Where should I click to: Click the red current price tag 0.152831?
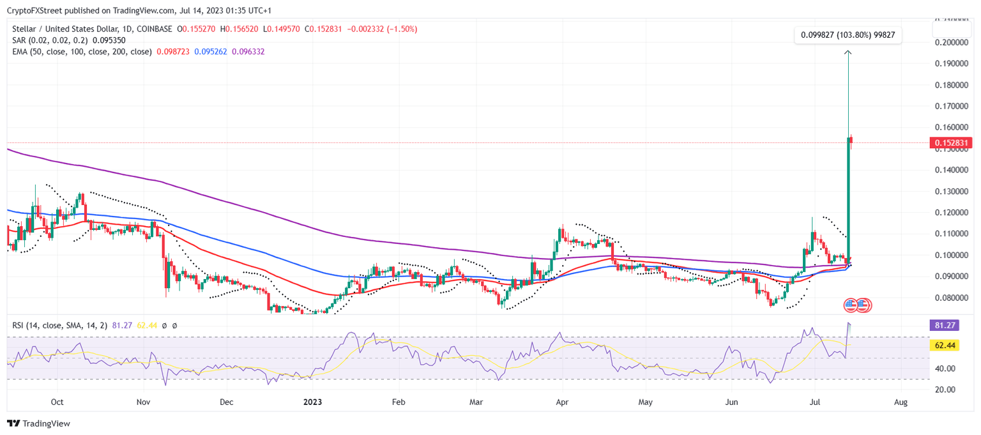[951, 143]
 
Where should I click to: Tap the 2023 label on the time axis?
[312, 402]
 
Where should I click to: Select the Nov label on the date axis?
[143, 402]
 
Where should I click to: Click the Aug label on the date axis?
[901, 402]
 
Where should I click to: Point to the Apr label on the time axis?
[562, 402]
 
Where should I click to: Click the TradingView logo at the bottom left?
[38, 424]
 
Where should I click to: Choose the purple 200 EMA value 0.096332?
[248, 51]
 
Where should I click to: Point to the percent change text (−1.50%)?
[400, 29]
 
